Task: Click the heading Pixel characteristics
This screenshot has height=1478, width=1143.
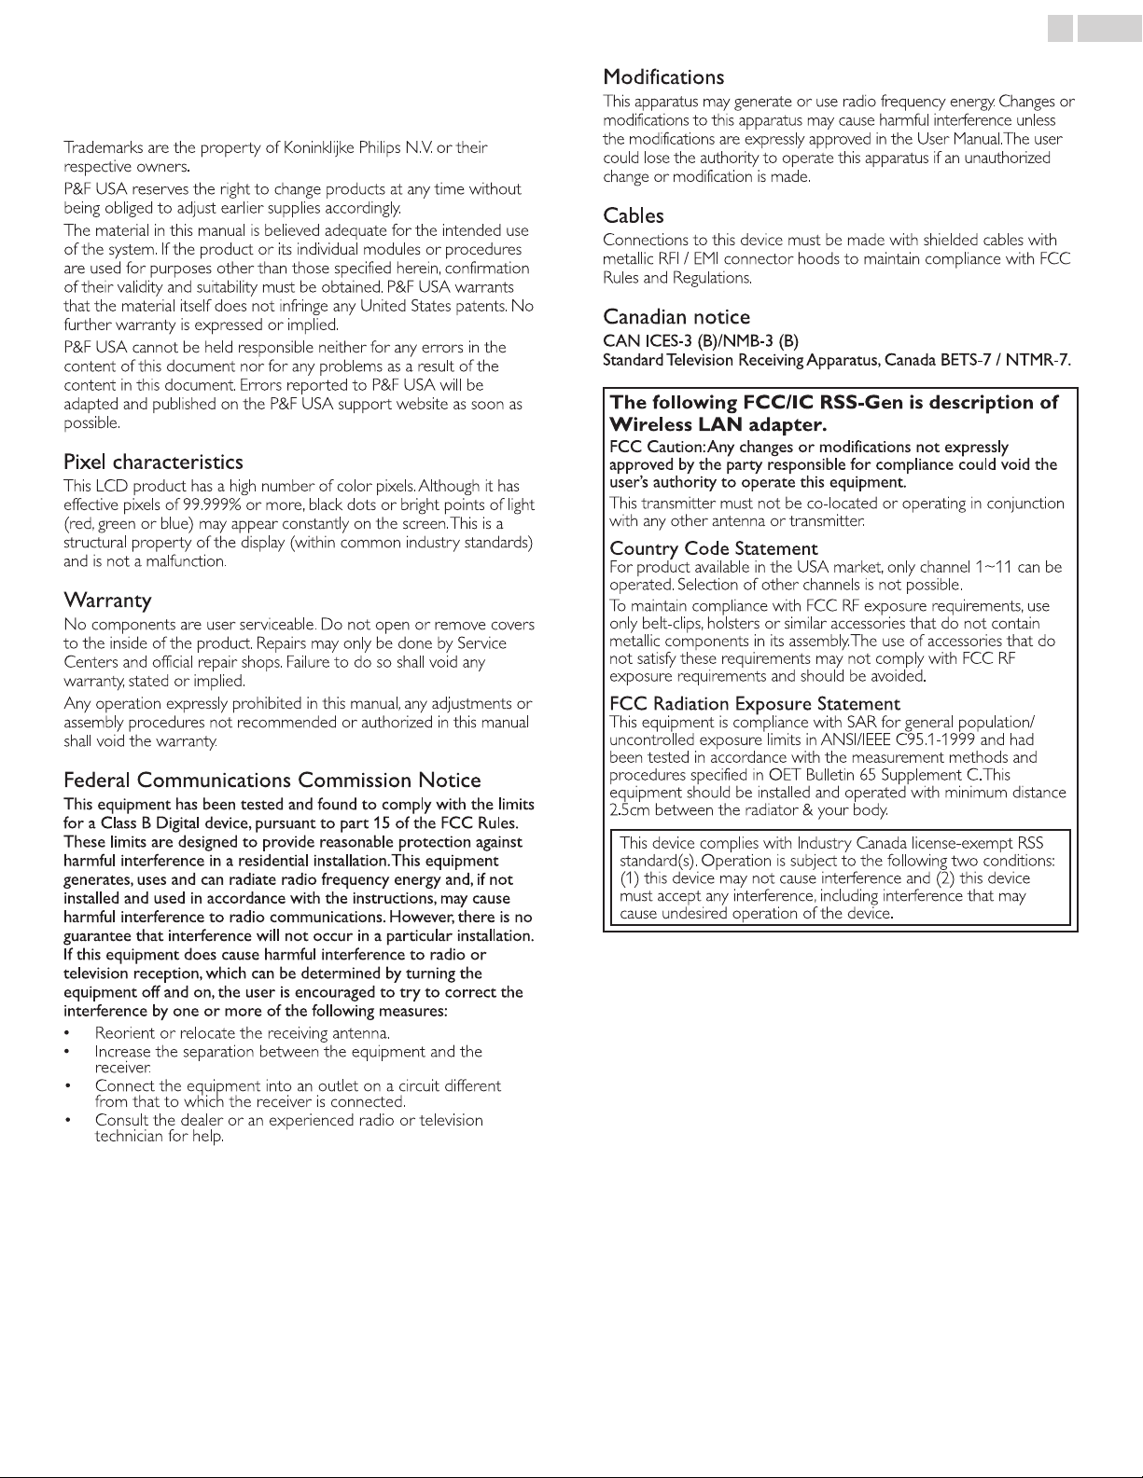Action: pyautogui.click(x=153, y=462)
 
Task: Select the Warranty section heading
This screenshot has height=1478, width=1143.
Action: pyautogui.click(x=107, y=599)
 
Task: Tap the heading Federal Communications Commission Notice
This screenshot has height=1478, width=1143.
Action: pyautogui.click(x=272, y=780)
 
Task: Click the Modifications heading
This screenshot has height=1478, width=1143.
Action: pyautogui.click(x=663, y=76)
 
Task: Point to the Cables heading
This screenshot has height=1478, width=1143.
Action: pyautogui.click(x=634, y=215)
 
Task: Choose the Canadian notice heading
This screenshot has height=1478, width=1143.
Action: pyautogui.click(x=676, y=317)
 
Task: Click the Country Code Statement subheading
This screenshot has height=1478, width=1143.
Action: pyautogui.click(x=714, y=548)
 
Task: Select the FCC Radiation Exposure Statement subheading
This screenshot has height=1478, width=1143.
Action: pyautogui.click(x=755, y=703)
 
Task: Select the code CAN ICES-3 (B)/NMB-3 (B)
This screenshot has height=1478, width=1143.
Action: pyautogui.click(x=701, y=339)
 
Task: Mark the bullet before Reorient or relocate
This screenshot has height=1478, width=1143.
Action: pyautogui.click(x=67, y=1033)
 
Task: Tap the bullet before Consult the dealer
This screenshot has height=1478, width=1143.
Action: pyautogui.click(x=67, y=1120)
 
